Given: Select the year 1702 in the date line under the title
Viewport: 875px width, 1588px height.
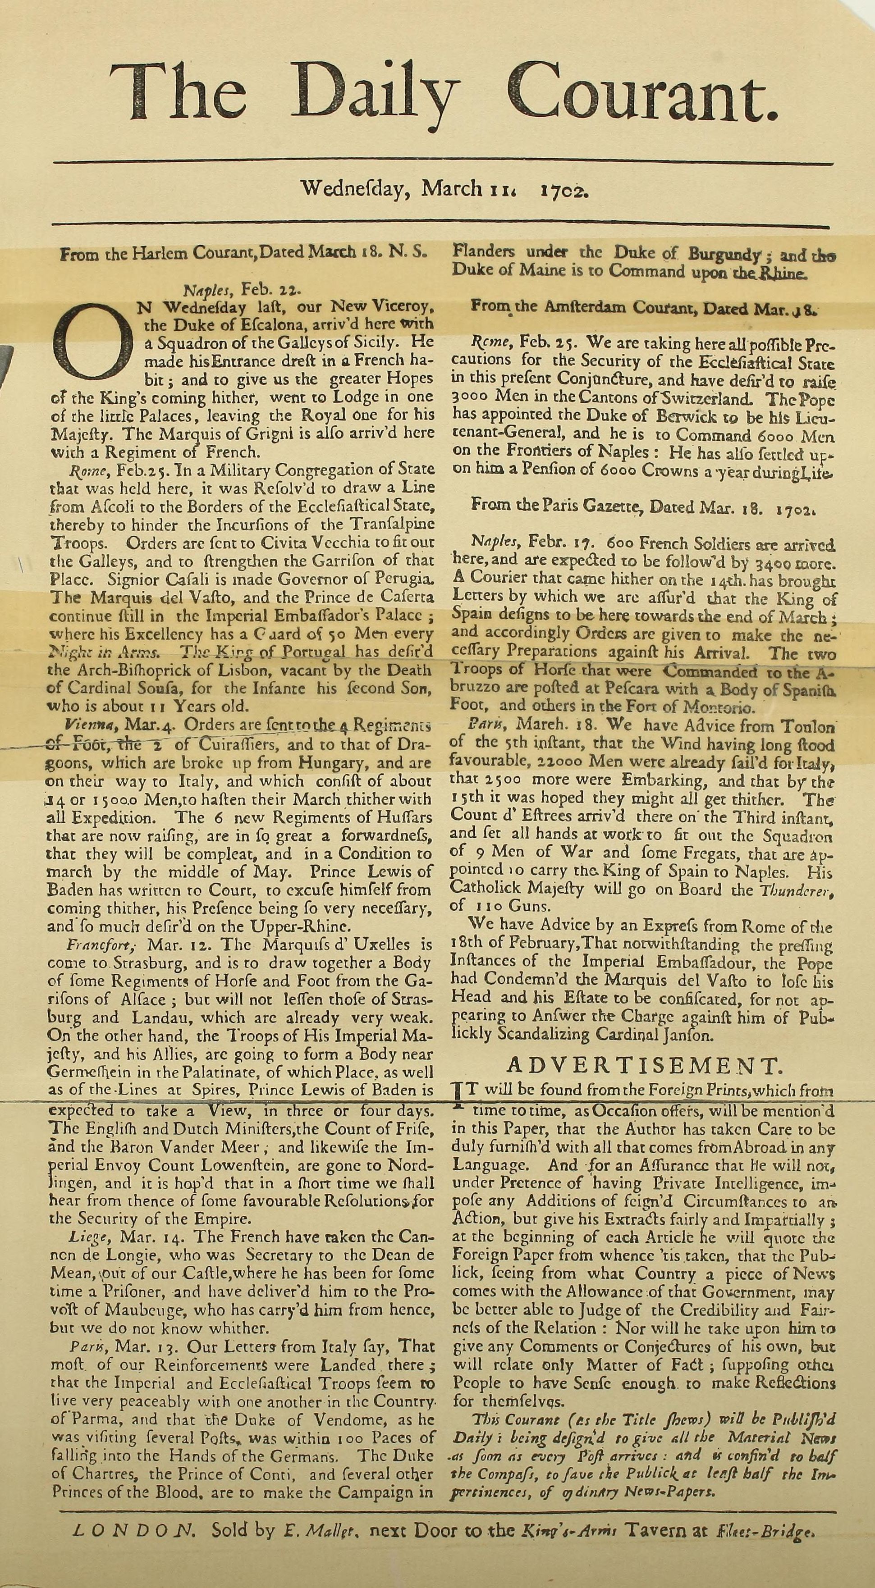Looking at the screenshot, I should [565, 188].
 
